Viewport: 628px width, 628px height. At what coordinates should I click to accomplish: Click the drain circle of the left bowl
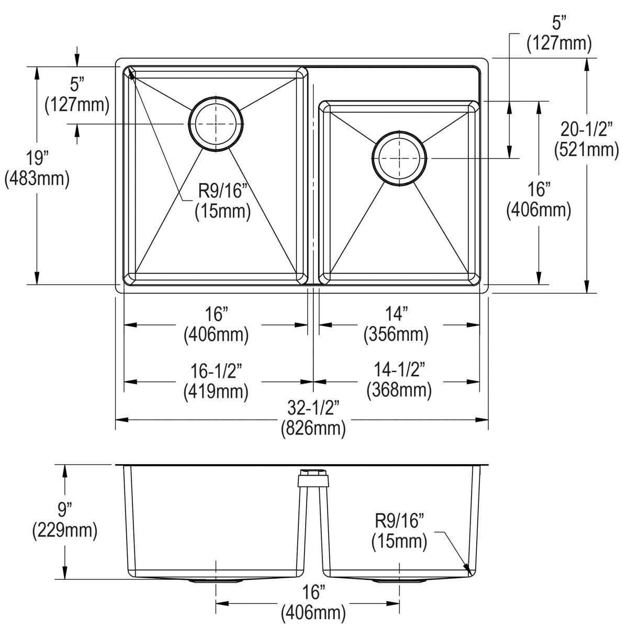[x=217, y=124]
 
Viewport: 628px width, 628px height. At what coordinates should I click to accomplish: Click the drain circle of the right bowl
[x=399, y=158]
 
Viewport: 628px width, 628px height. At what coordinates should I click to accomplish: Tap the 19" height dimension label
[x=36, y=158]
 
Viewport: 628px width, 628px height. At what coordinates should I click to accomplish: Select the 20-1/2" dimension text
[x=586, y=128]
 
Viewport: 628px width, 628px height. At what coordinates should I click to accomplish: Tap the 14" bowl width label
[x=396, y=314]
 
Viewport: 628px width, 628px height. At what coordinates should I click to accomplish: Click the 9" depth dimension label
[x=65, y=509]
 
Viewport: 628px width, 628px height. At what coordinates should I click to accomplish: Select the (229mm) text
[x=65, y=531]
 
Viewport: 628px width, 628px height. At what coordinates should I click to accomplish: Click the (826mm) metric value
[x=313, y=429]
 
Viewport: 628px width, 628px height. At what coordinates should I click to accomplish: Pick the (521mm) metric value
[x=586, y=150]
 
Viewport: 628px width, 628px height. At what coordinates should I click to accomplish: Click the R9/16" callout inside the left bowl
[x=222, y=191]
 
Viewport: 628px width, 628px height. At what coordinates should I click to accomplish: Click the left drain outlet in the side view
[x=216, y=581]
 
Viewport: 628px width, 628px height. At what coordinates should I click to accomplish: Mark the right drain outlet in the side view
[x=399, y=581]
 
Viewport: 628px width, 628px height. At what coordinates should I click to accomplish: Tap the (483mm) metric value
[x=36, y=179]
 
